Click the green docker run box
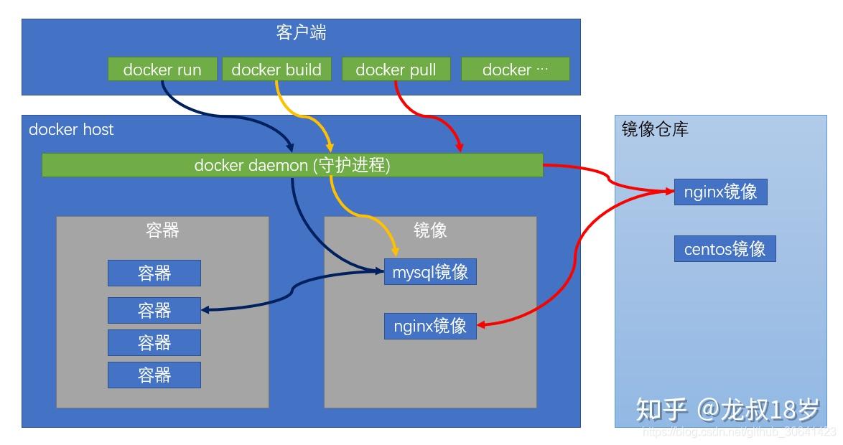(162, 70)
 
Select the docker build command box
(276, 70)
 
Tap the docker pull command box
(396, 70)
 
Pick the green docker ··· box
(515, 70)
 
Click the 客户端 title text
(301, 33)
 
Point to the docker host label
(71, 129)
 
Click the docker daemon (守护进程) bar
(292, 165)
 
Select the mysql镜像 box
(430, 272)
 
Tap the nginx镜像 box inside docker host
(430, 326)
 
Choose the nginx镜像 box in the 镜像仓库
(720, 192)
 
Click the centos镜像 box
(725, 249)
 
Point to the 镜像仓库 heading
(655, 129)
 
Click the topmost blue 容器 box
(154, 273)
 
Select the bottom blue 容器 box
(154, 375)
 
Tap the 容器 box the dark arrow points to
(154, 310)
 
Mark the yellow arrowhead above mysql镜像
(395, 251)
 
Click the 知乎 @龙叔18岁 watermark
(727, 410)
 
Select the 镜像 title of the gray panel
(430, 230)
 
